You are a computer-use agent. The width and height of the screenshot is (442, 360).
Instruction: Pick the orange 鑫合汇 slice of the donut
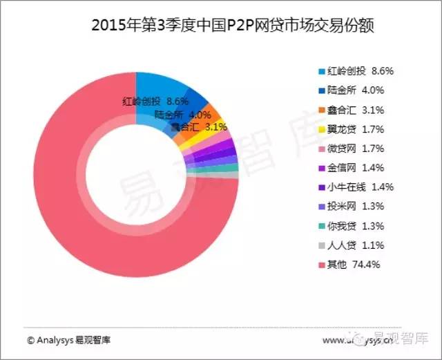click(211, 114)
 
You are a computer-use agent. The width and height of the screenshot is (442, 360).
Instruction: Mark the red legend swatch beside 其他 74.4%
click(322, 265)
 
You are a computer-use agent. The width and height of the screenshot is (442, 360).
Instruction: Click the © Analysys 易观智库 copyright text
click(69, 340)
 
